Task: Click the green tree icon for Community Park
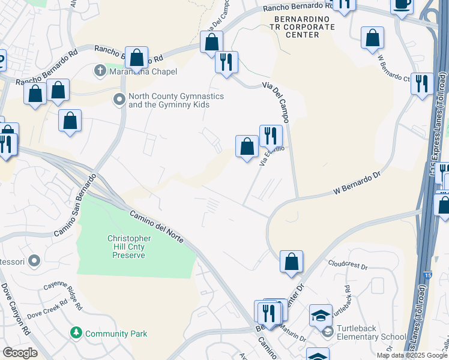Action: pyautogui.click(x=76, y=333)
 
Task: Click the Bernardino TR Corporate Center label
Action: pyautogui.click(x=297, y=27)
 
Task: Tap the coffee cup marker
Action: pyautogui.click(x=402, y=5)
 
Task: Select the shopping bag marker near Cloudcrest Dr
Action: pyautogui.click(x=291, y=262)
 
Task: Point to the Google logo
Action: pyautogui.click(x=19, y=353)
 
